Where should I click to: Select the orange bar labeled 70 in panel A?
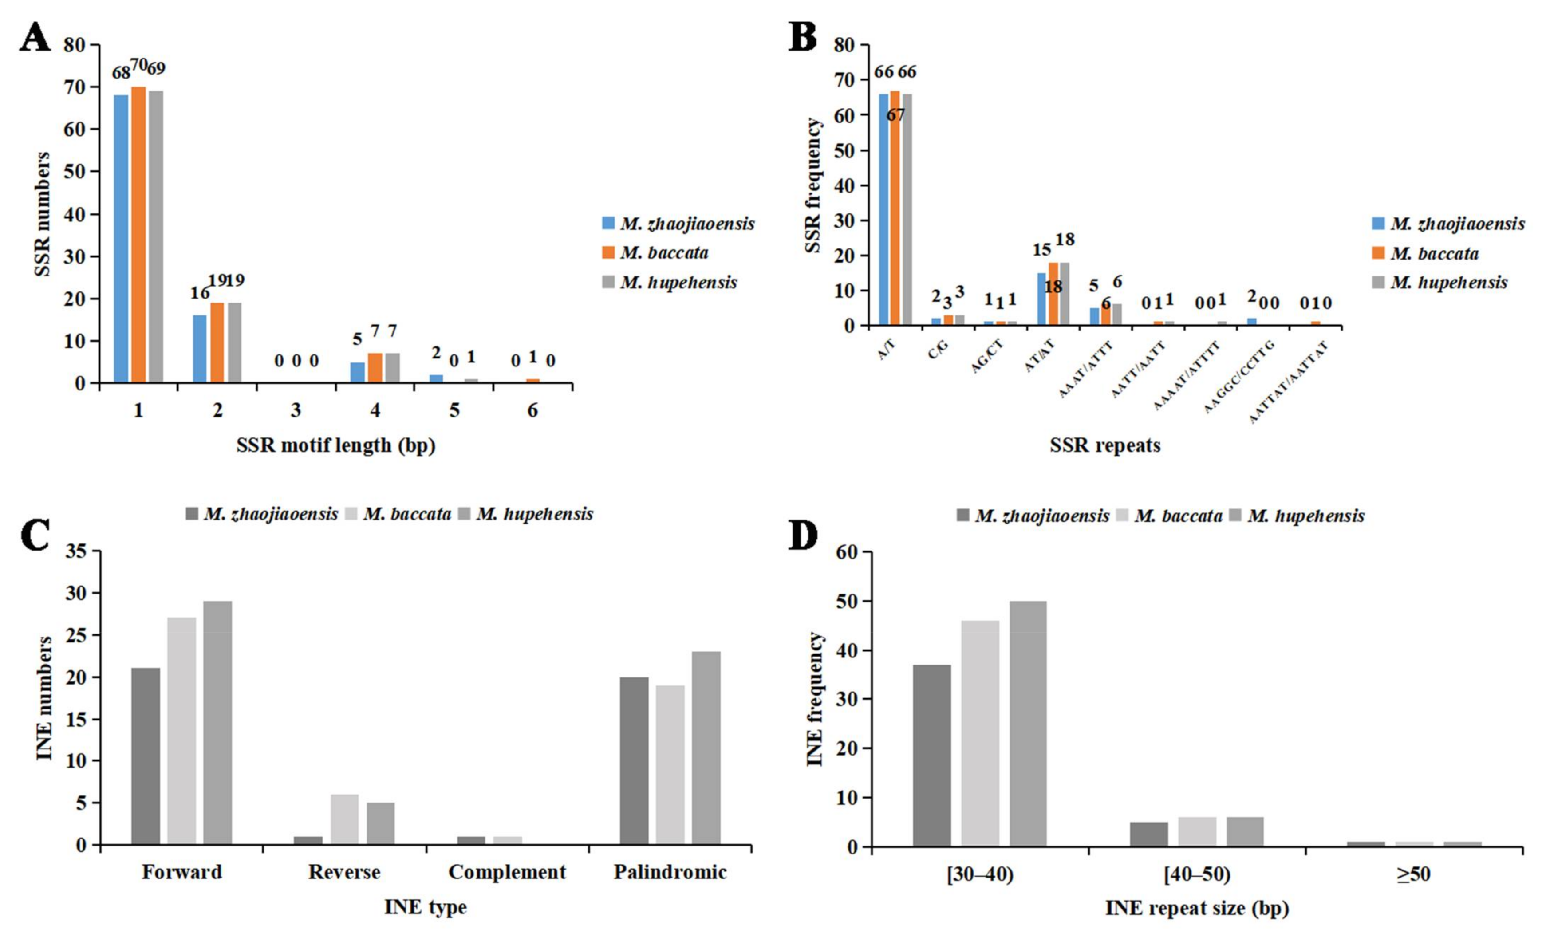(138, 235)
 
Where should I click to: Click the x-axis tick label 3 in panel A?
(296, 410)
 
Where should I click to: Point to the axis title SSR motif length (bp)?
(335, 446)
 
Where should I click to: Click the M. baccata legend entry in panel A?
(663, 253)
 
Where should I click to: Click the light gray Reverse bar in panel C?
(344, 819)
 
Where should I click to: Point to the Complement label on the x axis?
(507, 872)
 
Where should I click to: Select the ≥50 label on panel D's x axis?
(1413, 874)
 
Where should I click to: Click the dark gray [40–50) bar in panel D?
(1149, 835)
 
